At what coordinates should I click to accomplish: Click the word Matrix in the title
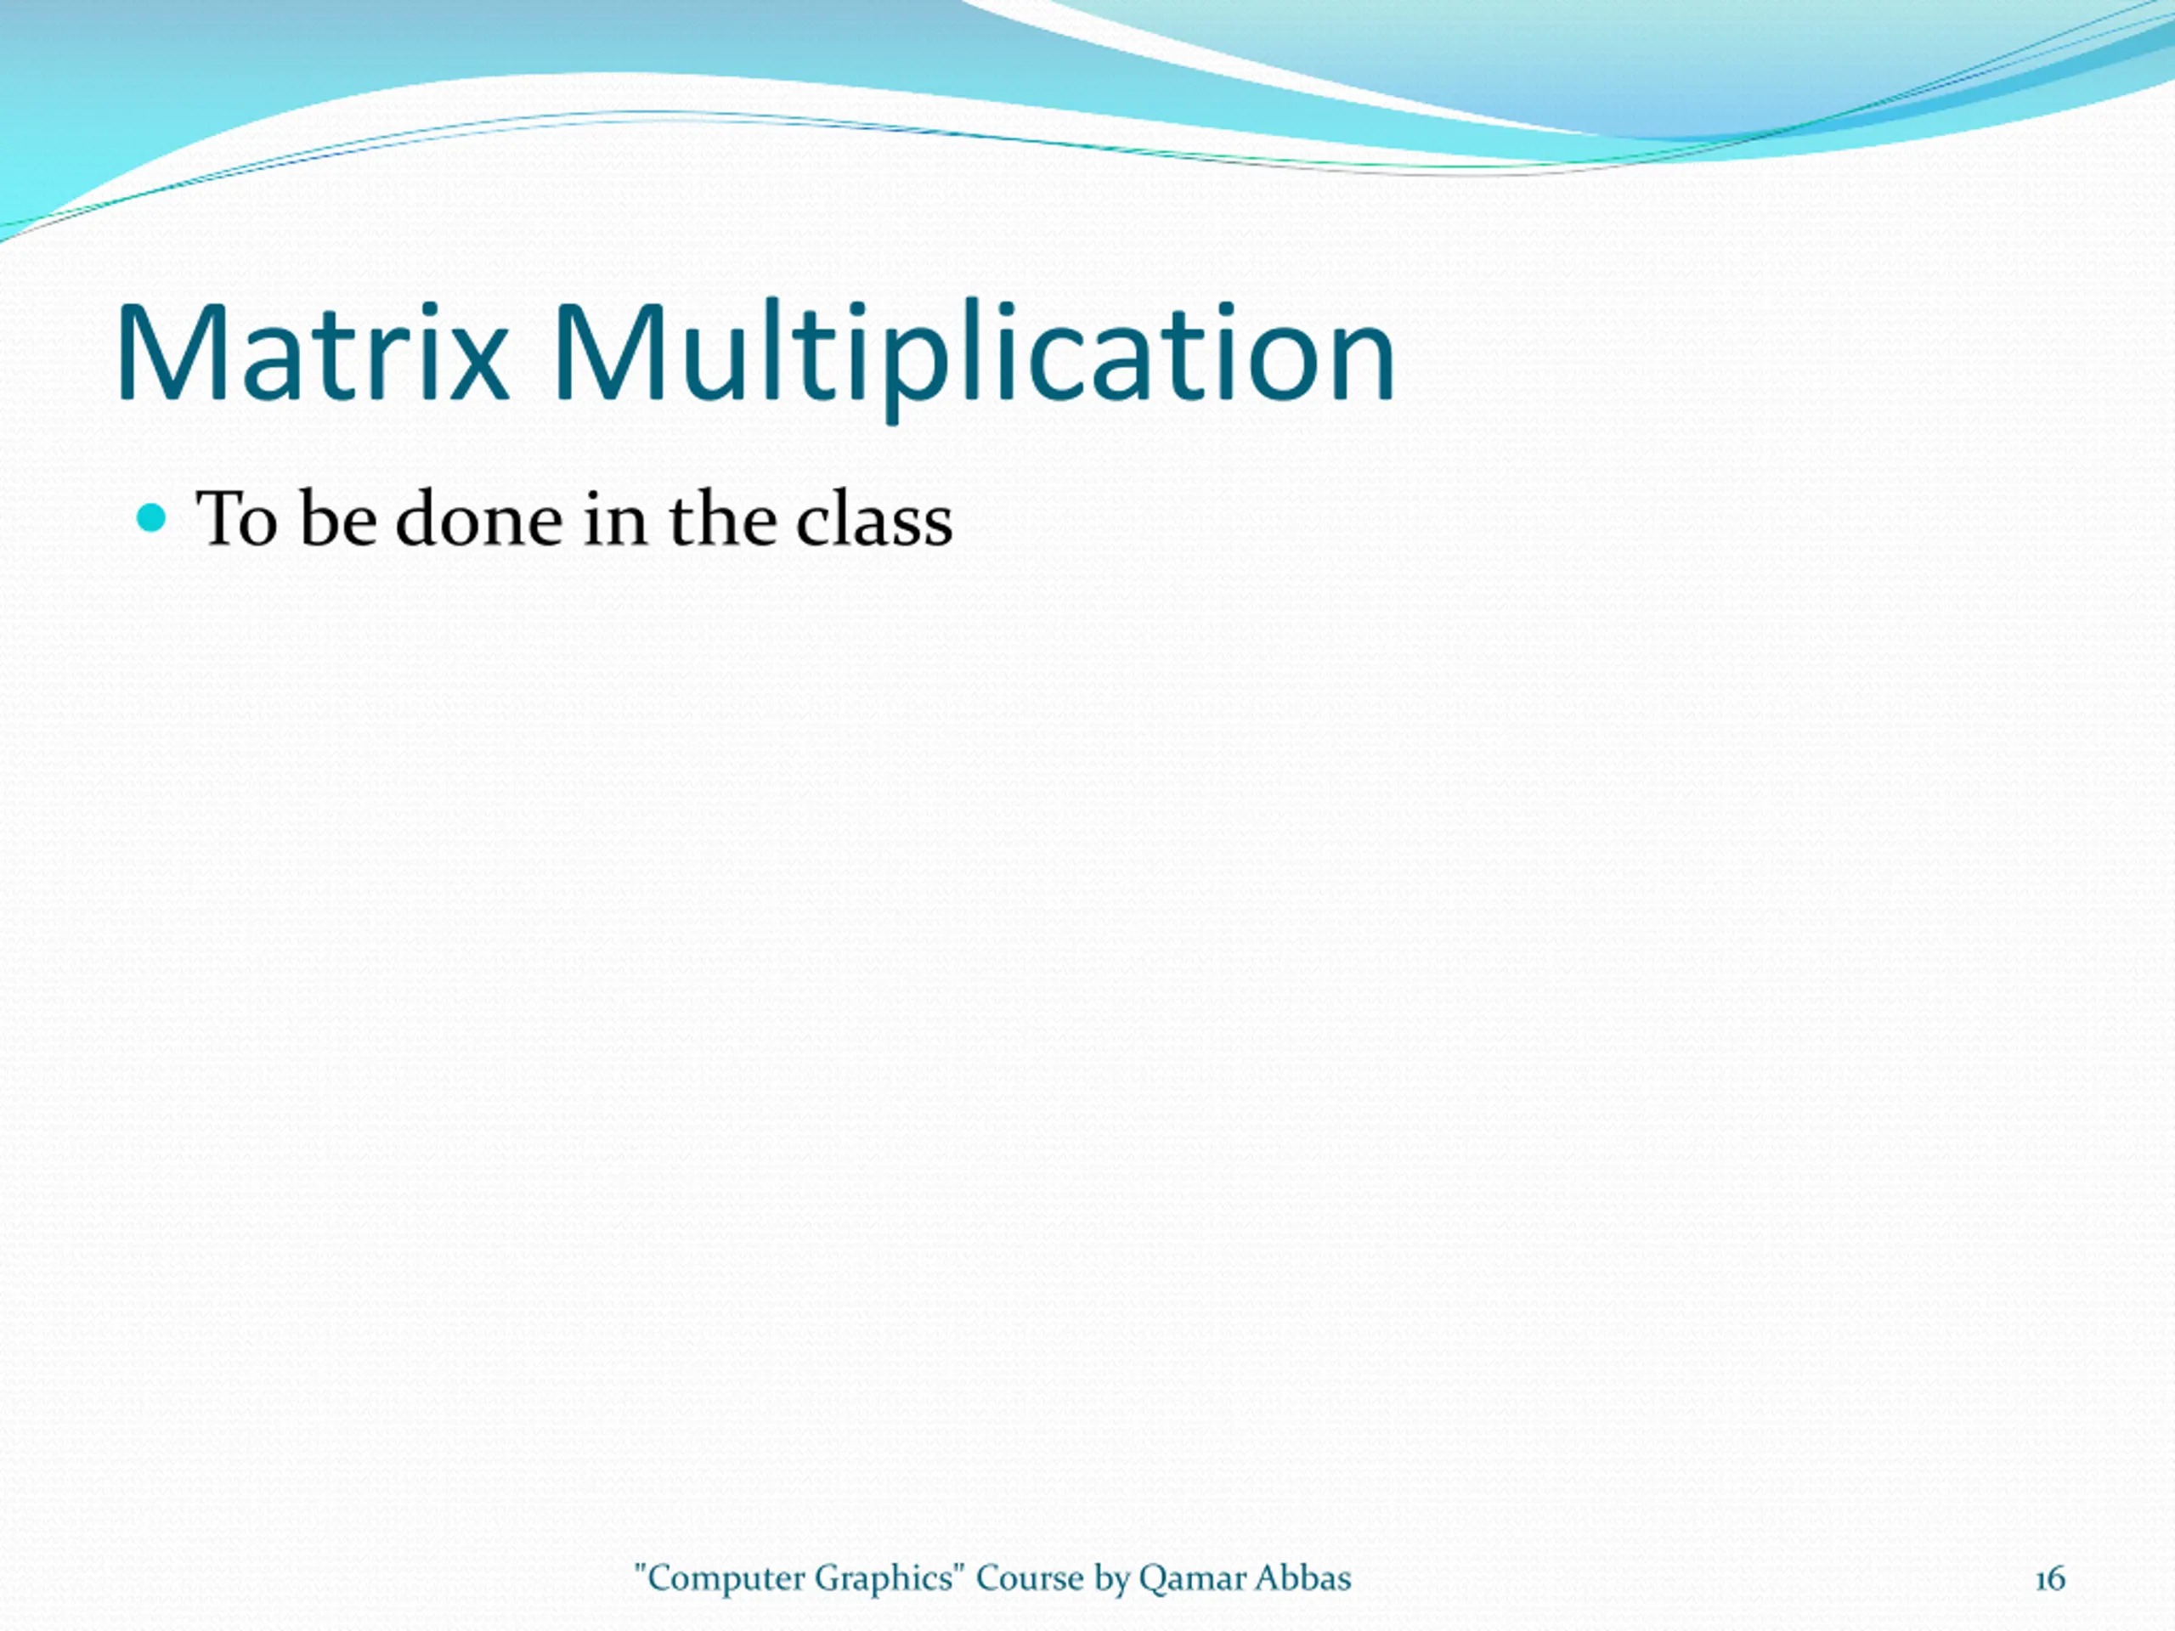pos(313,352)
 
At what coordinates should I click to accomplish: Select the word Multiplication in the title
pos(974,358)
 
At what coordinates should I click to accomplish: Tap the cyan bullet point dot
pos(150,518)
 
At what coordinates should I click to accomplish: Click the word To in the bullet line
pos(237,519)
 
